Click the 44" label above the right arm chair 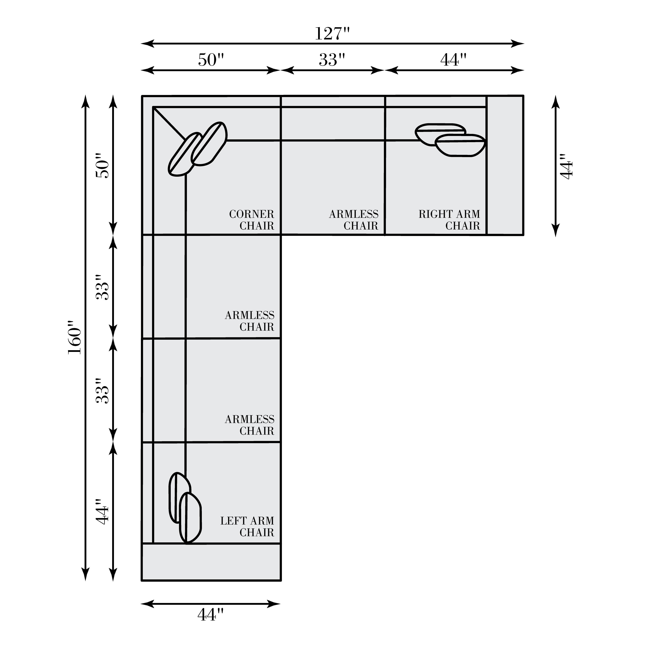tap(453, 60)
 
